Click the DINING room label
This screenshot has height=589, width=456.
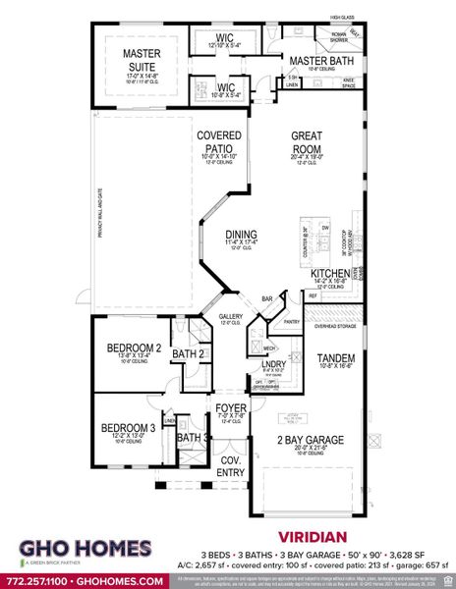(240, 235)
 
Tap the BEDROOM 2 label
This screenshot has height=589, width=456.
(134, 348)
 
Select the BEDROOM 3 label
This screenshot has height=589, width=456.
(128, 428)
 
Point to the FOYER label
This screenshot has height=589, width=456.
(232, 406)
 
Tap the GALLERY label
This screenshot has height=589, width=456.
(229, 316)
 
